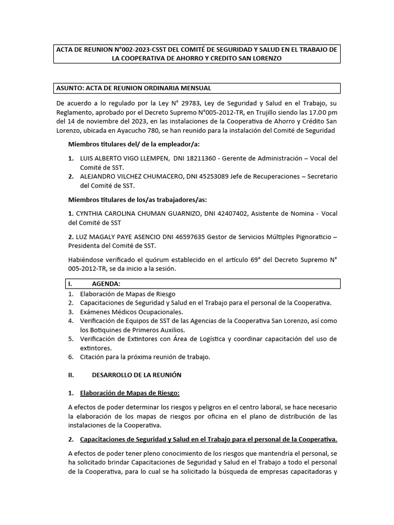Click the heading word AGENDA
coord(106,284)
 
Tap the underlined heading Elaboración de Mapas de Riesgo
coord(130,393)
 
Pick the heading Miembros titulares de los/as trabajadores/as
coord(137,199)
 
